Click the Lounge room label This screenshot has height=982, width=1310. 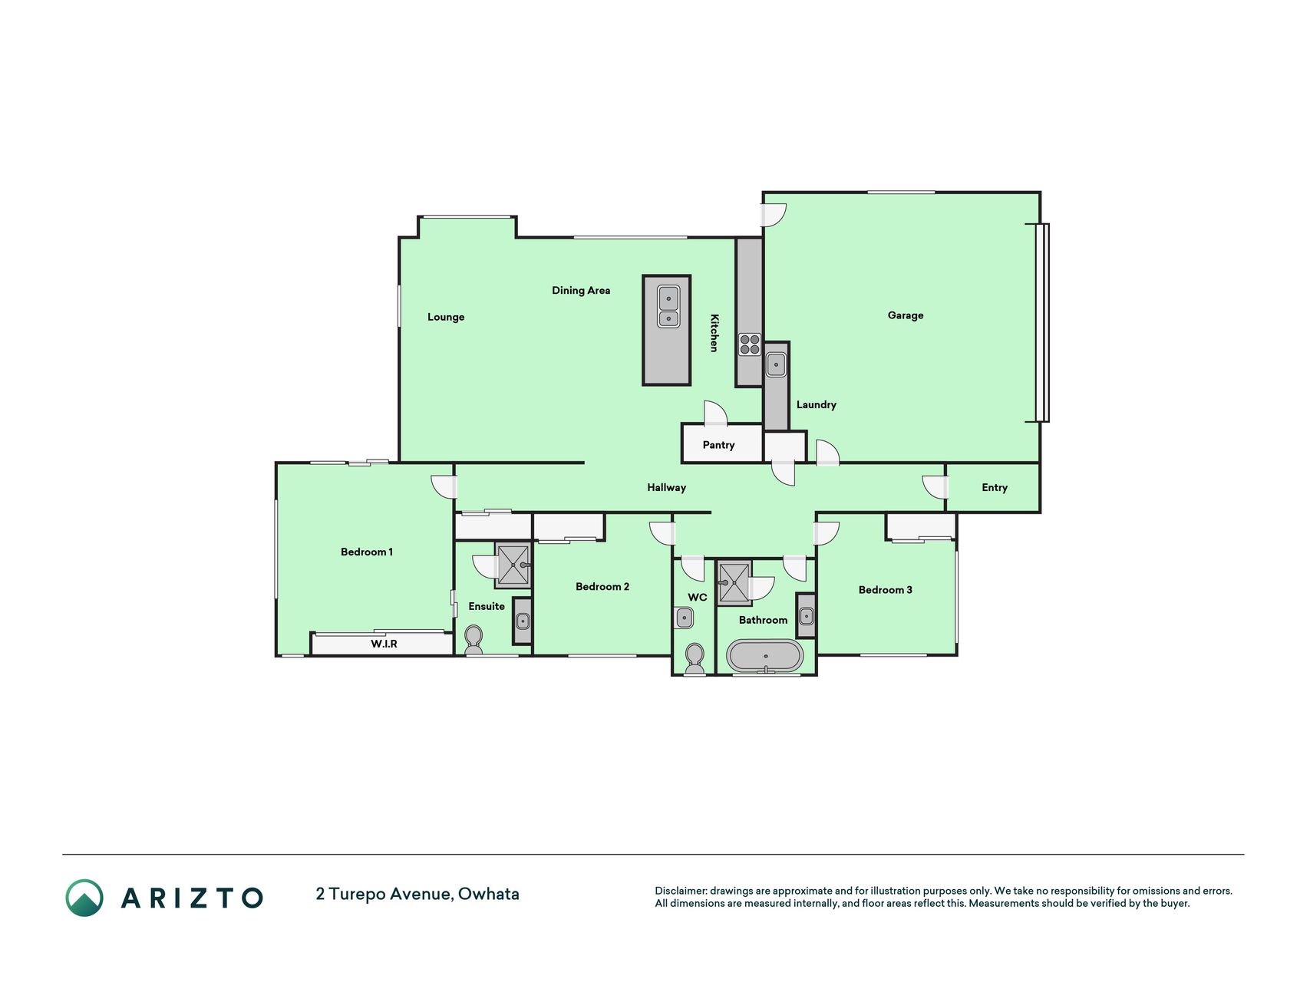click(446, 317)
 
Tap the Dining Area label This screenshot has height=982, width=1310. click(581, 290)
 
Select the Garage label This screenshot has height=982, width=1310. click(906, 315)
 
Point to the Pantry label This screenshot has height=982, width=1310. click(718, 445)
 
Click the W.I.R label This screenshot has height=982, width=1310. click(384, 644)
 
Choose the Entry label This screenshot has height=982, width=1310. click(995, 487)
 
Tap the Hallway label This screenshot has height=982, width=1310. click(666, 487)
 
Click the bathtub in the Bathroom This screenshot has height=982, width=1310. click(765, 656)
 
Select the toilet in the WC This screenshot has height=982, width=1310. click(695, 658)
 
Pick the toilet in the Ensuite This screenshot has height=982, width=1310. click(474, 640)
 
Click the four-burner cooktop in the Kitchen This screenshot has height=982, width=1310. click(750, 344)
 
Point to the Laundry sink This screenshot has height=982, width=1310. click(776, 364)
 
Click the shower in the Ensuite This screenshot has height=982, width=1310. click(513, 565)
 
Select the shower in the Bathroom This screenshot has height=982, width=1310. click(734, 583)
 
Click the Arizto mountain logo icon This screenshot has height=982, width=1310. click(84, 898)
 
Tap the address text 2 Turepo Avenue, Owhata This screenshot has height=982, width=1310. click(417, 895)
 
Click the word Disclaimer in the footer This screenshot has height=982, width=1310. click(680, 891)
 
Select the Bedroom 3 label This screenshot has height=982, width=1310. click(886, 590)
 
